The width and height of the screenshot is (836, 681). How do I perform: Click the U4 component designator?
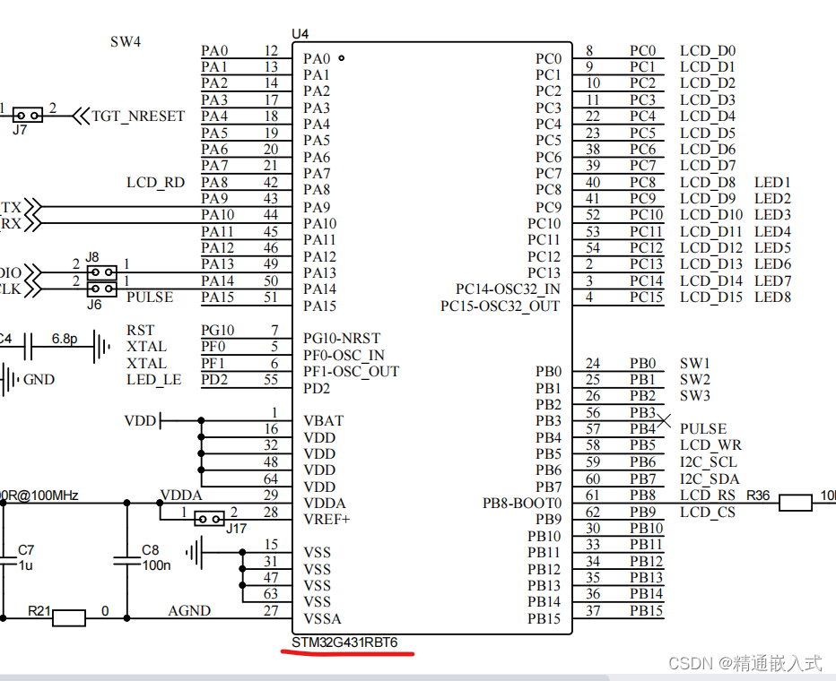click(300, 34)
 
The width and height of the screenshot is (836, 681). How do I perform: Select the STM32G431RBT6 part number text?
click(344, 642)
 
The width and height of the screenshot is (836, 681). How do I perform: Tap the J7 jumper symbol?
click(27, 115)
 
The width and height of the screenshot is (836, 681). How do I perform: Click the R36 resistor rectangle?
click(796, 503)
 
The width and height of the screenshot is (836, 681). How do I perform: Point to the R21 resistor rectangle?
click(69, 618)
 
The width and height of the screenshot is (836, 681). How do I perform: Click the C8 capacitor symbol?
click(126, 561)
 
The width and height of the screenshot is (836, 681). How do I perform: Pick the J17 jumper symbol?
click(210, 518)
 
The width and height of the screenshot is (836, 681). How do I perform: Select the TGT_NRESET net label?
click(138, 116)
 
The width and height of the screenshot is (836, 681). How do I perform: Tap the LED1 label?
click(772, 183)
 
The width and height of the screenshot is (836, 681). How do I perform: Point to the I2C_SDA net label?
click(710, 479)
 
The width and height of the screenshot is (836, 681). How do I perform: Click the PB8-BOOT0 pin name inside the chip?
click(522, 504)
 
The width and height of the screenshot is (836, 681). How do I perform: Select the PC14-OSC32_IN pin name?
click(508, 289)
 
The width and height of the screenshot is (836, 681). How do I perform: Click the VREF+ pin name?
click(327, 519)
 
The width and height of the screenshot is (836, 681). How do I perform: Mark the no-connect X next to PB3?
click(664, 420)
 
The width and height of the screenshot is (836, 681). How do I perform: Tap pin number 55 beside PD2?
click(271, 380)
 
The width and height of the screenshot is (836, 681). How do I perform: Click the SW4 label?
click(126, 42)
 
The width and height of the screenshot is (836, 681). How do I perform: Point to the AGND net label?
click(189, 611)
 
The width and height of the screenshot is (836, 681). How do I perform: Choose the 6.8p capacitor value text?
click(64, 339)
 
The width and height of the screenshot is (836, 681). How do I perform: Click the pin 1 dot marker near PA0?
click(341, 57)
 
